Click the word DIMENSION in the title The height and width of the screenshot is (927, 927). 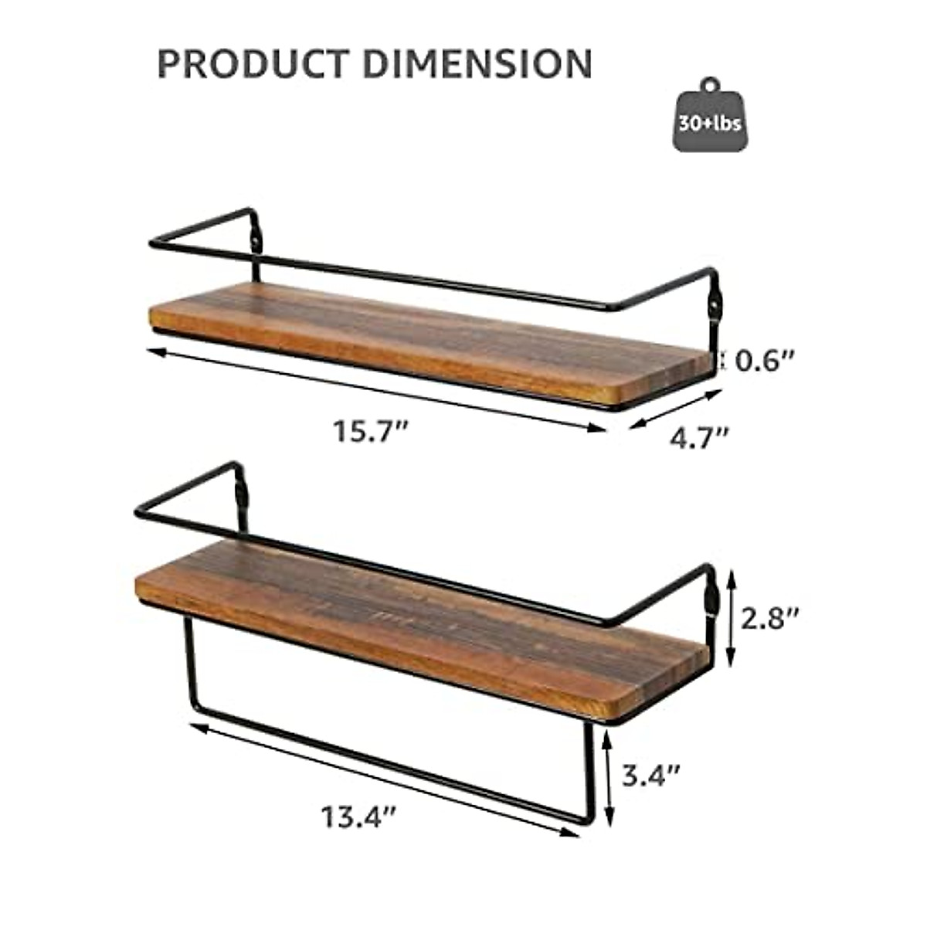477,63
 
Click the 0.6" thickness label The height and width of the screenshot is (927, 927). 764,361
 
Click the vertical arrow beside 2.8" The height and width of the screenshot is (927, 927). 731,618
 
